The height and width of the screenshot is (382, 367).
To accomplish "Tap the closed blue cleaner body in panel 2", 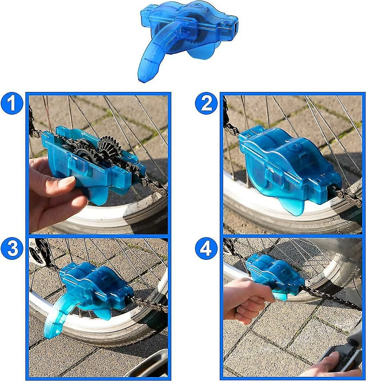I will (x=288, y=161).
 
